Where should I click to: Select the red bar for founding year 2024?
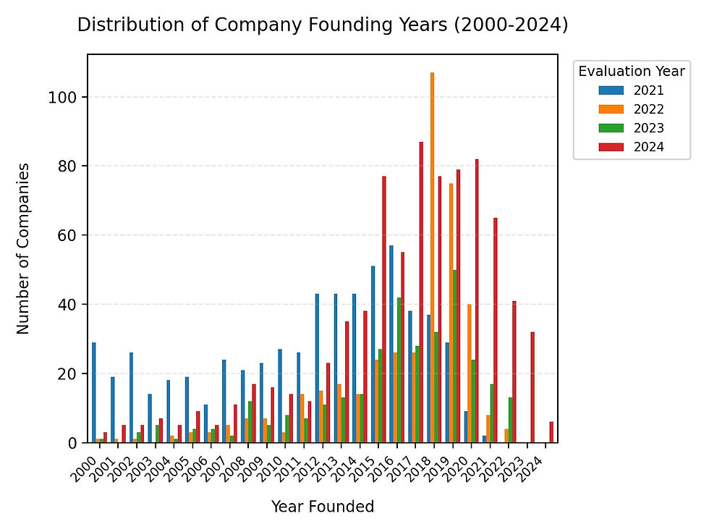coord(551,432)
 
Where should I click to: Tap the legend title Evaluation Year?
coord(631,71)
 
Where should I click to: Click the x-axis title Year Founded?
coord(323,507)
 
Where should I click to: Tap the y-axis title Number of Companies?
coord(23,248)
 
